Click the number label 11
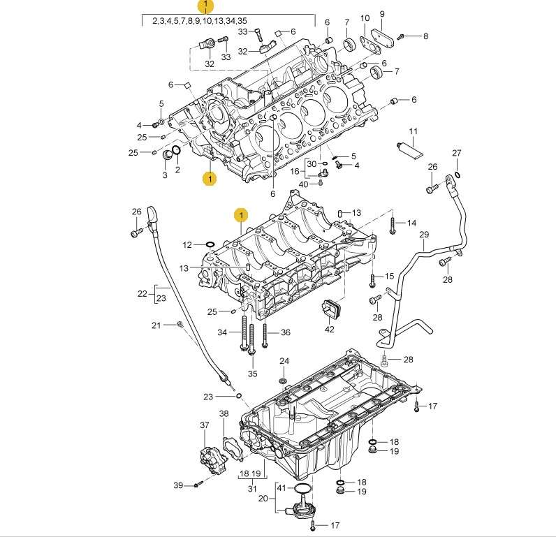[413, 131]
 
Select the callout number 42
[329, 330]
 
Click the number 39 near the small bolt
[178, 485]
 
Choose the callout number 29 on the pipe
[423, 235]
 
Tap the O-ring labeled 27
[457, 175]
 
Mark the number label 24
[284, 361]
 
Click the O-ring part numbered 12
[210, 245]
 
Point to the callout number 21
[156, 325]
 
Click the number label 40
[303, 184]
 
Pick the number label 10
[365, 17]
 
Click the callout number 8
[425, 36]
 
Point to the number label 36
[285, 332]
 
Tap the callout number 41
[281, 487]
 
